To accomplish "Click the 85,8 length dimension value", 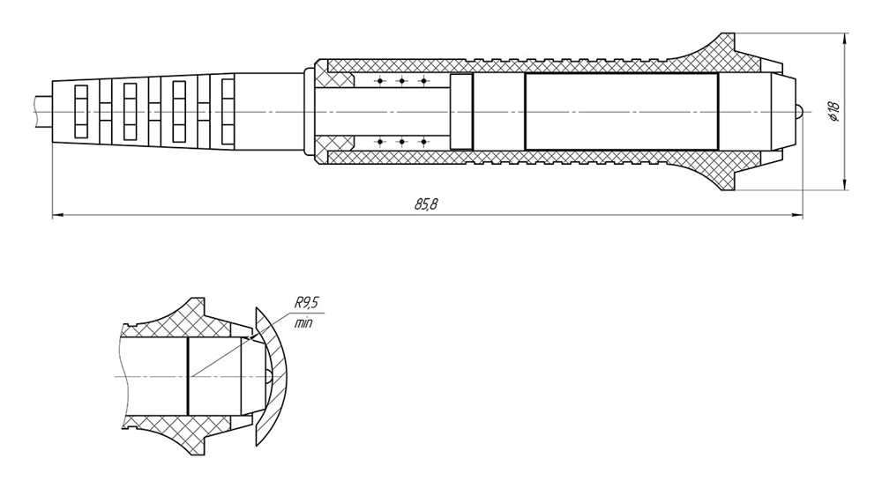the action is [426, 203].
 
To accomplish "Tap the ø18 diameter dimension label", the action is [833, 112].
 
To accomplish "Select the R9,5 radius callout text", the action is [307, 303].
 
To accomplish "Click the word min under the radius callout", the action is [303, 323].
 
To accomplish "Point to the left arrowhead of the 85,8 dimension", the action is [58, 215].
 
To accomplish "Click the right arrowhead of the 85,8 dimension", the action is [796, 215].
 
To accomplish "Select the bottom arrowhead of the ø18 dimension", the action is [844, 183].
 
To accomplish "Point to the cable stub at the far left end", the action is [42, 112].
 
